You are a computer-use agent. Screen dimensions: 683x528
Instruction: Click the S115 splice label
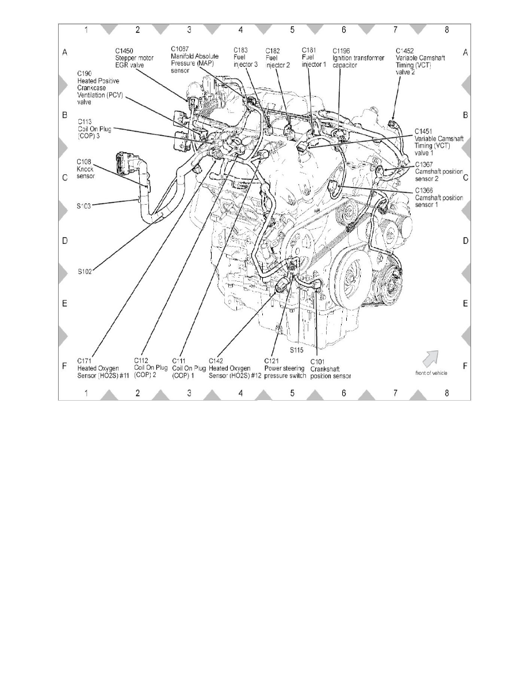tap(296, 350)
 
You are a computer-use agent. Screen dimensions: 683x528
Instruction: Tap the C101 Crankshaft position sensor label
tap(331, 369)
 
